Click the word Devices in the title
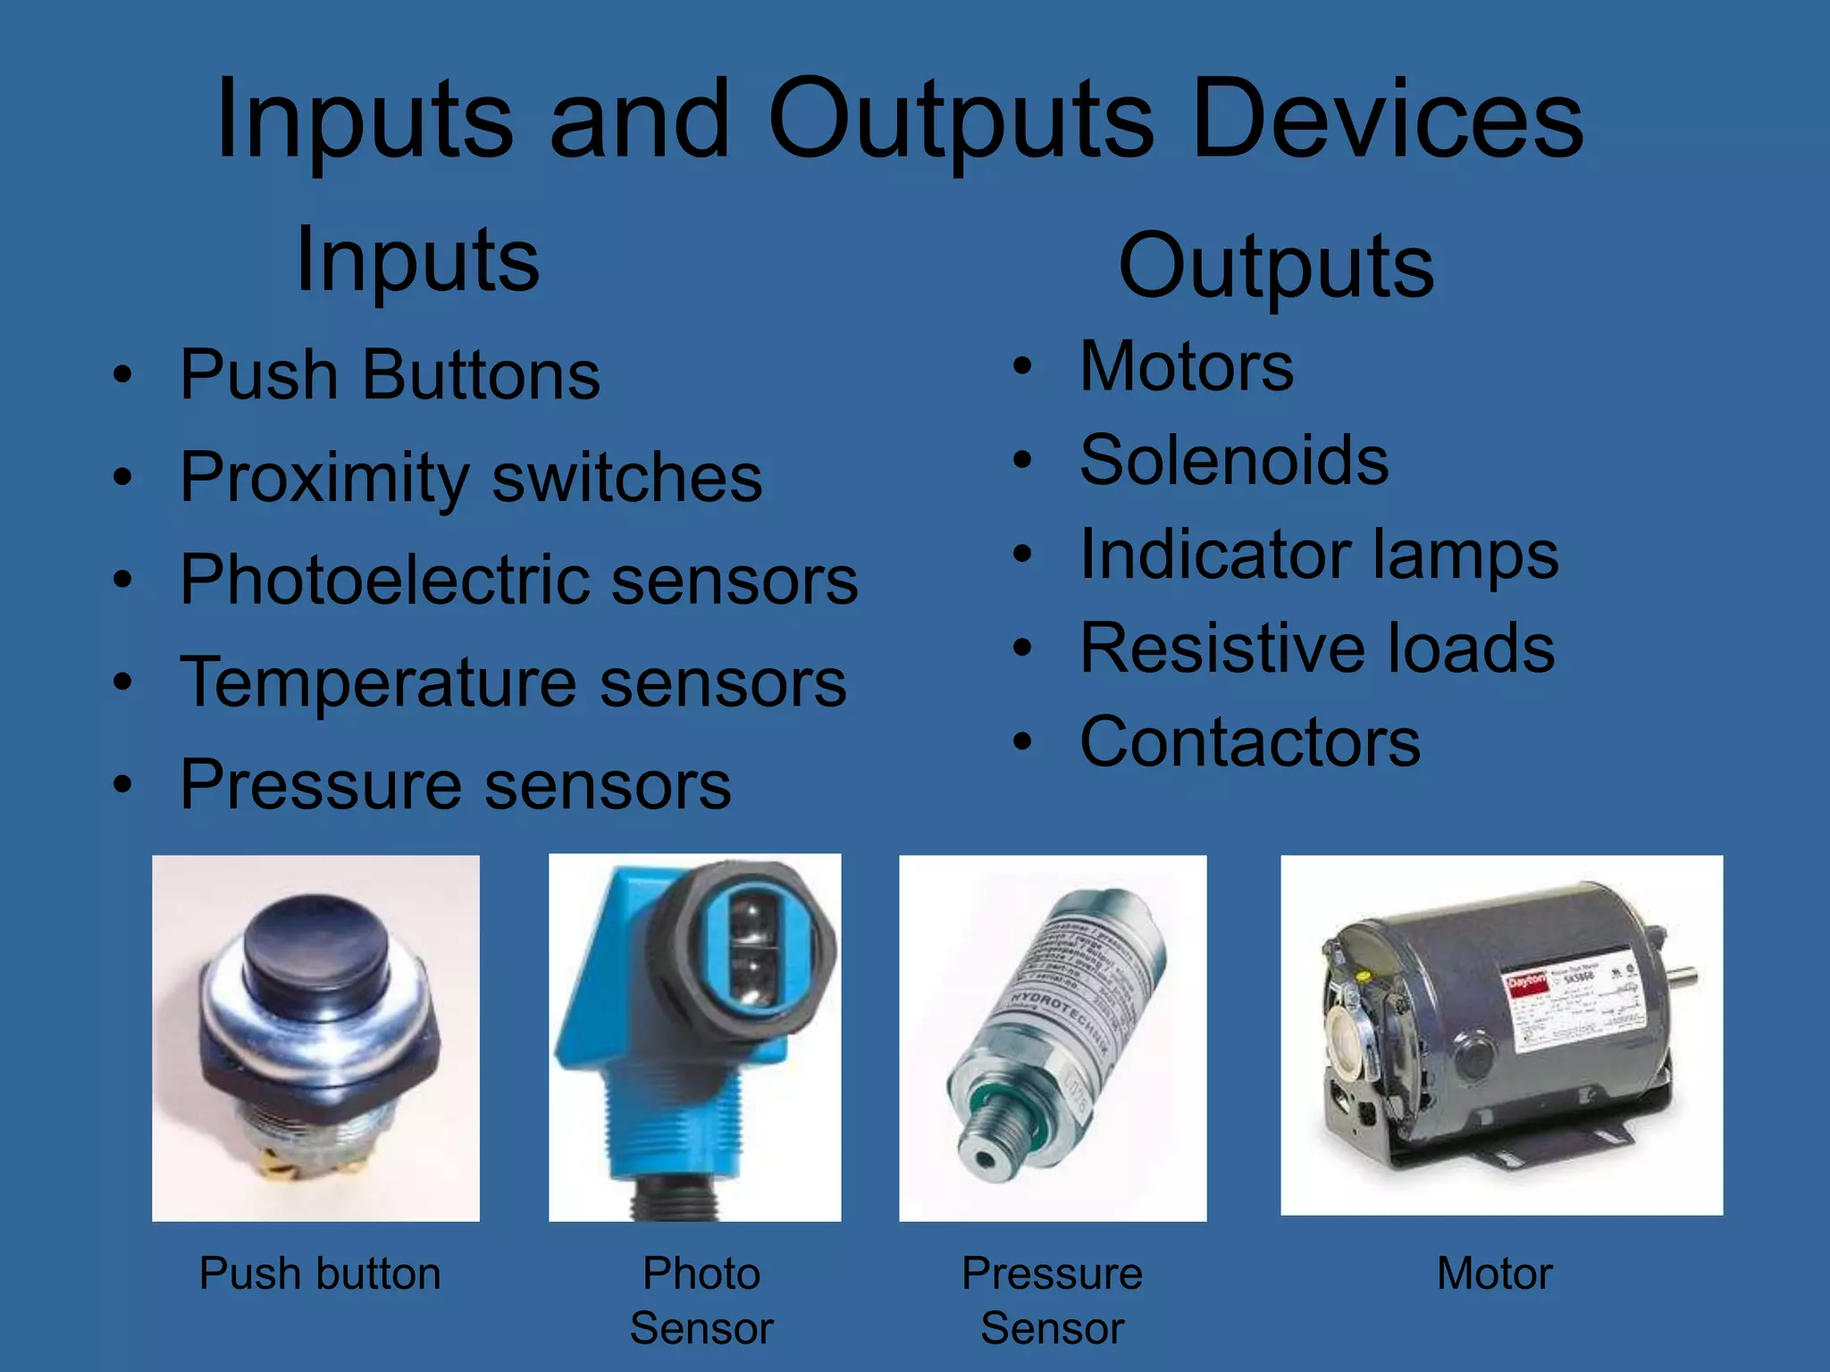tap(1387, 121)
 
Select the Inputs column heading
tap(417, 261)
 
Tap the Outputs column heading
tap(1276, 266)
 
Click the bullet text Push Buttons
tap(390, 375)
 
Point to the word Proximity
tap(323, 479)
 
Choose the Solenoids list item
tap(1234, 461)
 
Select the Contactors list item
tap(1250, 742)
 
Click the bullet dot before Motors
tap(1022, 367)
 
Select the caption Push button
tap(320, 1274)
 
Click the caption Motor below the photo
tap(1495, 1274)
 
